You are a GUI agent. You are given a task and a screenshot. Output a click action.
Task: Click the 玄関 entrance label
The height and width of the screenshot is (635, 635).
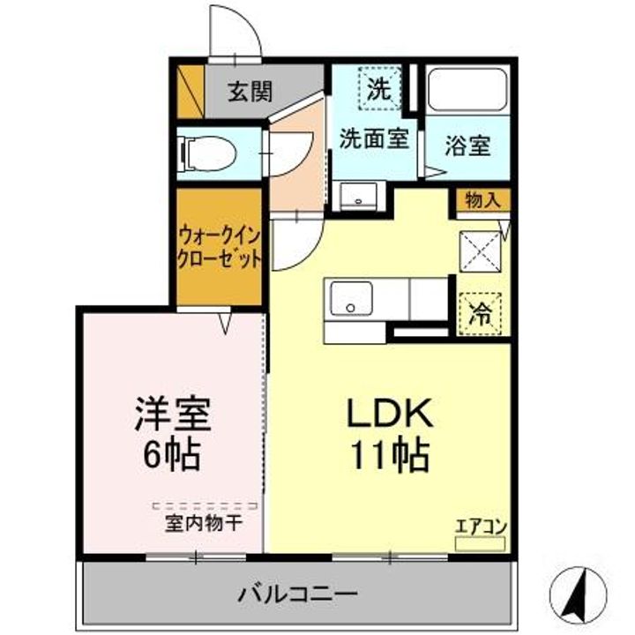(250, 92)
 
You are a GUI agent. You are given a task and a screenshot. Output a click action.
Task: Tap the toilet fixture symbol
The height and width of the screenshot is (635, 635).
(207, 153)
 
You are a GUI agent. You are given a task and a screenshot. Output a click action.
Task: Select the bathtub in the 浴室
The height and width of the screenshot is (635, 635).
(467, 89)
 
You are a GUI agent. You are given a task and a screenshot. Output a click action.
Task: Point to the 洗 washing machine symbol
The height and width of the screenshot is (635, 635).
(379, 89)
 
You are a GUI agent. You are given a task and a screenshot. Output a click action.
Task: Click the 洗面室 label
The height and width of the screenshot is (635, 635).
(374, 138)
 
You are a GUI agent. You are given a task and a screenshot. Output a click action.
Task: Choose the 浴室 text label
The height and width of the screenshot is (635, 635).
(467, 145)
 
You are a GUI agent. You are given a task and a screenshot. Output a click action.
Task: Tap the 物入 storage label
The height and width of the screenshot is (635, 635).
(482, 200)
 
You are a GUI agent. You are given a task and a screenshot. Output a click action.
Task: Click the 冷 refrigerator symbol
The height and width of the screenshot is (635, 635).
(482, 314)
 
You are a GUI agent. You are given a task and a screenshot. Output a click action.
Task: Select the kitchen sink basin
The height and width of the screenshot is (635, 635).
(351, 298)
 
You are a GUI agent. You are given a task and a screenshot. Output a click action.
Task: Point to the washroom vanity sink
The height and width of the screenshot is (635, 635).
(358, 196)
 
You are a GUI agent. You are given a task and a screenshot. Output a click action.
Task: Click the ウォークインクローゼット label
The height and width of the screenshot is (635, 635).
(219, 247)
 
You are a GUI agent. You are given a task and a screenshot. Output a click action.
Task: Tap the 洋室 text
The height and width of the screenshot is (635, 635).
(173, 414)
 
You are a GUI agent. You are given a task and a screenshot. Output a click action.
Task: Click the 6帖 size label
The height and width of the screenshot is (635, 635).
(172, 455)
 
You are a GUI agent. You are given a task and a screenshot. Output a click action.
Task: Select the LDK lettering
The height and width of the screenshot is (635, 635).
(390, 413)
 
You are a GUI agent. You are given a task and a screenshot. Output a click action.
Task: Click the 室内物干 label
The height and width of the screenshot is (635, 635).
(204, 523)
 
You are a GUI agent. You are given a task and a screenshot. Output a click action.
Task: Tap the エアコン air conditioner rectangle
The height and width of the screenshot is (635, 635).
(481, 543)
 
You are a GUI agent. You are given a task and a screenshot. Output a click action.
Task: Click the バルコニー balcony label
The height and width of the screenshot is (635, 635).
(298, 594)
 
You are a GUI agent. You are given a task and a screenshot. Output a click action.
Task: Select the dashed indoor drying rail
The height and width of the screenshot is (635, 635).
(205, 506)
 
